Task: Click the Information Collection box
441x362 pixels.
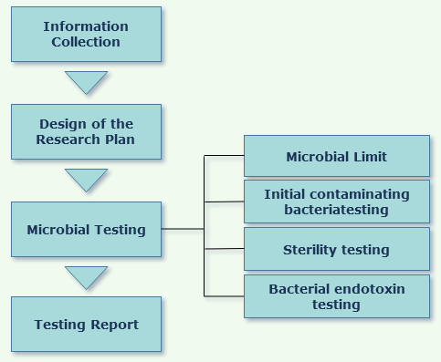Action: pos(86,35)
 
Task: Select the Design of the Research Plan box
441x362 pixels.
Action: pos(86,131)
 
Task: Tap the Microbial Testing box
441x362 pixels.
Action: pos(86,229)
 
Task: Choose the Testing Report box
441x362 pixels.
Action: pos(86,324)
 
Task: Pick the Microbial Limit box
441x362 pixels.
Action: pos(336,156)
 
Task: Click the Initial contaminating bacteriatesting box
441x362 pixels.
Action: pos(336,202)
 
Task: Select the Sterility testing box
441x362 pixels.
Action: pos(336,249)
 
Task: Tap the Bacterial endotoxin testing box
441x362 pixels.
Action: pos(336,295)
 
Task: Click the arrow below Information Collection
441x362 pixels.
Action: pos(86,82)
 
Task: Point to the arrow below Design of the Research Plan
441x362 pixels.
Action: pos(86,179)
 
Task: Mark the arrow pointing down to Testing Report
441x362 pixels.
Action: pos(86,276)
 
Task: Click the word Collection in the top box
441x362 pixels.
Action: pos(86,42)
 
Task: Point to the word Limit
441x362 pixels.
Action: pos(370,157)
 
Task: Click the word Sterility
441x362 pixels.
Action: pos(311,249)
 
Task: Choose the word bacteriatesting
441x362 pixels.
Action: pos(336,210)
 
